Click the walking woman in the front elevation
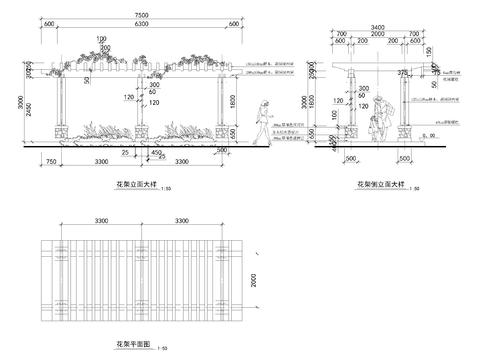pos(263,122)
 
